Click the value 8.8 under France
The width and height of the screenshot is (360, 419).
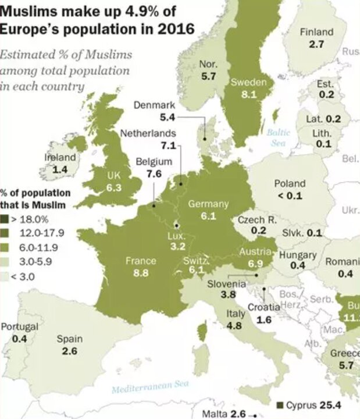click(141, 271)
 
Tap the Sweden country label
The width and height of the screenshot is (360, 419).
click(248, 83)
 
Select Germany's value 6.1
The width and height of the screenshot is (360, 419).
click(208, 216)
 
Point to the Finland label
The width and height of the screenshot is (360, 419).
click(316, 33)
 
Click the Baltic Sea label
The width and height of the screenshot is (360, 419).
click(278, 137)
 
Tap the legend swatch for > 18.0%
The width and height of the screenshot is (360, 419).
click(4, 219)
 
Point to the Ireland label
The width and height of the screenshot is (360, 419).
click(60, 158)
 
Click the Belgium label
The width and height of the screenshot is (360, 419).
click(154, 162)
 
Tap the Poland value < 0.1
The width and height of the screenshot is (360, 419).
click(290, 196)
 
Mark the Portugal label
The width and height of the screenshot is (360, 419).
click(19, 326)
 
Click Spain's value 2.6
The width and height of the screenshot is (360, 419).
click(69, 351)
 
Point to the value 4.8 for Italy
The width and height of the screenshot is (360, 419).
click(234, 326)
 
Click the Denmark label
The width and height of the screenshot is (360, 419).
click(154, 105)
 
